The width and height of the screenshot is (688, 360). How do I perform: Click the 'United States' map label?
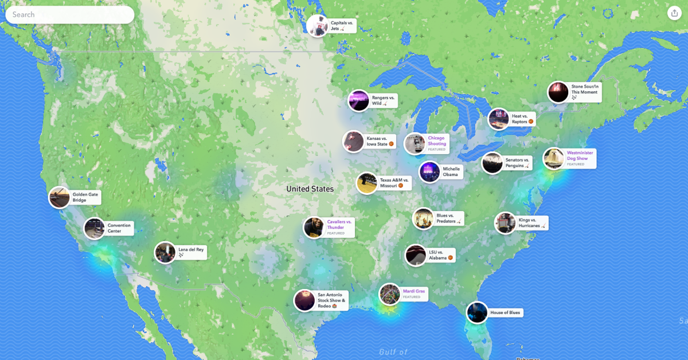point(310,189)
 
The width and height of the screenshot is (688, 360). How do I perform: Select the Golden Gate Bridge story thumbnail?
point(60,198)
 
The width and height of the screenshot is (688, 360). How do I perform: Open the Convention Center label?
point(119,228)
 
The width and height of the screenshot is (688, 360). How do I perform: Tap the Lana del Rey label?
point(191,252)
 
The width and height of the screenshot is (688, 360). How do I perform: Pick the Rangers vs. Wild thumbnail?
point(358,100)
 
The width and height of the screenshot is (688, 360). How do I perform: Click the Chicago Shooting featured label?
point(437,143)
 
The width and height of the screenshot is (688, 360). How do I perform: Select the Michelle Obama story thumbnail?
point(429,172)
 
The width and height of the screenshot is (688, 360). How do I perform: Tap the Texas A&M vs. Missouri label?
point(394,183)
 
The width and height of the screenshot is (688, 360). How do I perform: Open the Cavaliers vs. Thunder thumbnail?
point(314,228)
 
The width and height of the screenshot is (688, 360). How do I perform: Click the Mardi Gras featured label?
point(414,294)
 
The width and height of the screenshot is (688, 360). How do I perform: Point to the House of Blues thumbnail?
point(477,312)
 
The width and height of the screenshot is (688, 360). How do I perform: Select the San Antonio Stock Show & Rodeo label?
point(331,300)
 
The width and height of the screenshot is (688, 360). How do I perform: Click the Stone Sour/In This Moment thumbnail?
point(558,92)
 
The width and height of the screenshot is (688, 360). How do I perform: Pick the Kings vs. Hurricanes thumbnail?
point(505,223)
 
